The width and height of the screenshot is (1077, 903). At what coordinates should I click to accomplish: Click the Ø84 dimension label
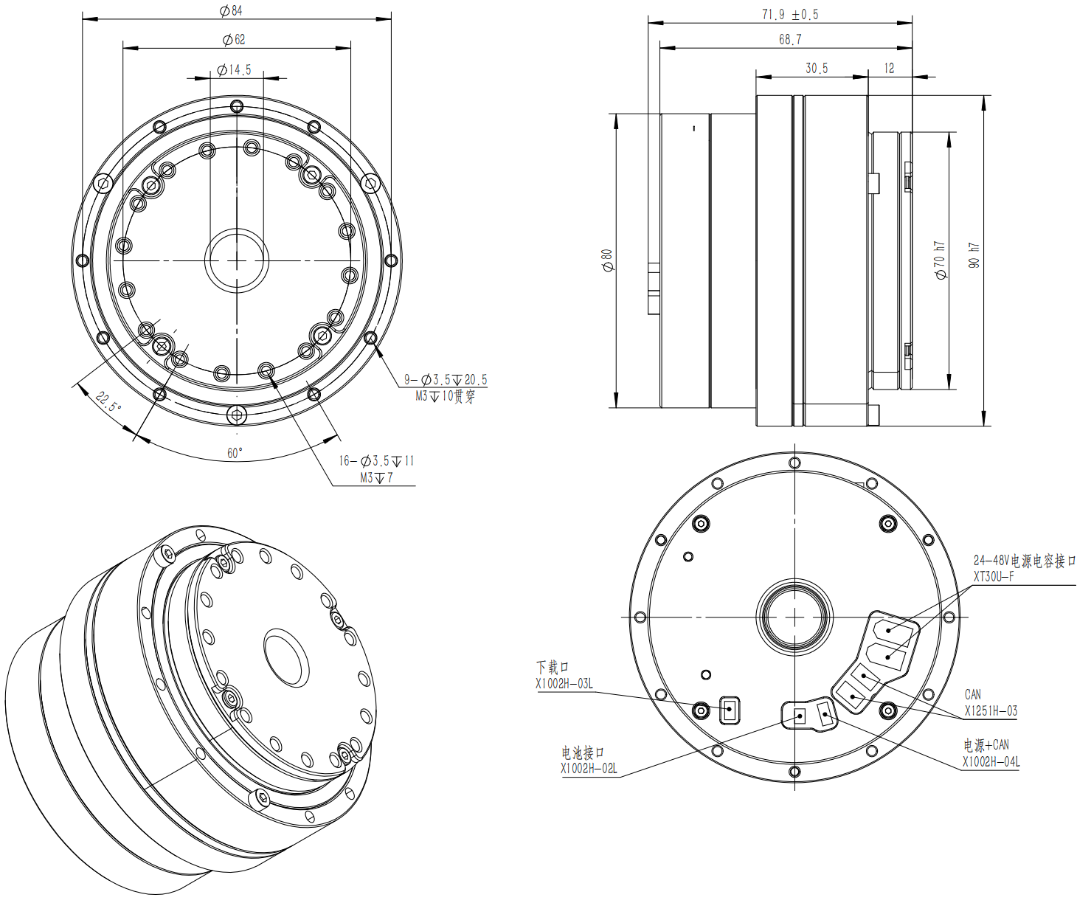coord(231,11)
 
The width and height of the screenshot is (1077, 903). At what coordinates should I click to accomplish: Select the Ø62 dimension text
coord(234,40)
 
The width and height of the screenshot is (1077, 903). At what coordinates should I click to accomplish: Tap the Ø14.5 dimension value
coord(234,69)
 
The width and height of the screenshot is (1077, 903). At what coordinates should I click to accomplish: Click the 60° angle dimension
coord(235,453)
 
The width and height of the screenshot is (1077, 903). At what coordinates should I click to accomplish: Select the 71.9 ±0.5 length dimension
coord(790,15)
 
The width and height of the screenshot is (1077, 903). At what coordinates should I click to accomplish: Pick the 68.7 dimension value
coord(790,39)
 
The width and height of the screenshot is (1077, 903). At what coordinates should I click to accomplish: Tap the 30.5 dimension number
coord(817,68)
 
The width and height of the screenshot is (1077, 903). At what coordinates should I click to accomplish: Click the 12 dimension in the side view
coord(889,68)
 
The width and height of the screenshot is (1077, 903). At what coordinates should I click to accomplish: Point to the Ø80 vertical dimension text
coord(607,260)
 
